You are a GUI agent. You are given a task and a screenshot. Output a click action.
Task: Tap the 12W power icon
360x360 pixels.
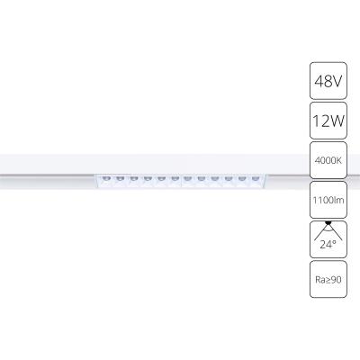327,121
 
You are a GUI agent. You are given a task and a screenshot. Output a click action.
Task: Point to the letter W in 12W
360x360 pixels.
336,121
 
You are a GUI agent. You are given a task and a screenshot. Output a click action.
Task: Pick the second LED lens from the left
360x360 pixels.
120,180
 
